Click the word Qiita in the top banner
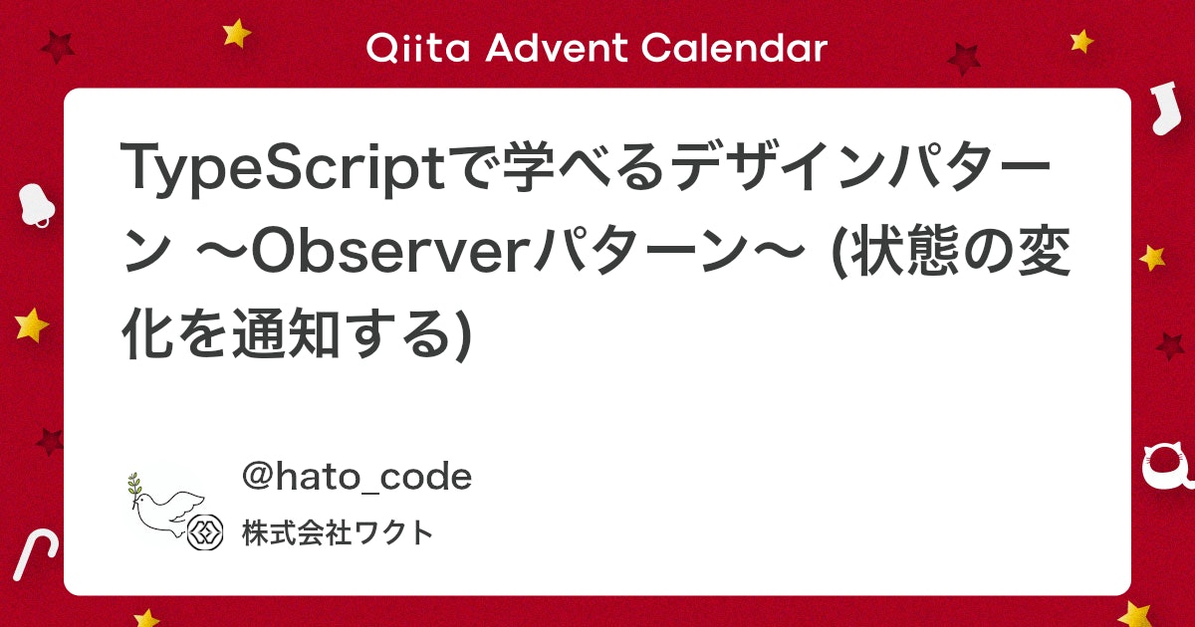(408, 47)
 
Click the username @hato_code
(357, 478)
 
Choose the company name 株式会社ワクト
(338, 534)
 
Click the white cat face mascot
(1165, 466)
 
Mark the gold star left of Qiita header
(237, 34)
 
